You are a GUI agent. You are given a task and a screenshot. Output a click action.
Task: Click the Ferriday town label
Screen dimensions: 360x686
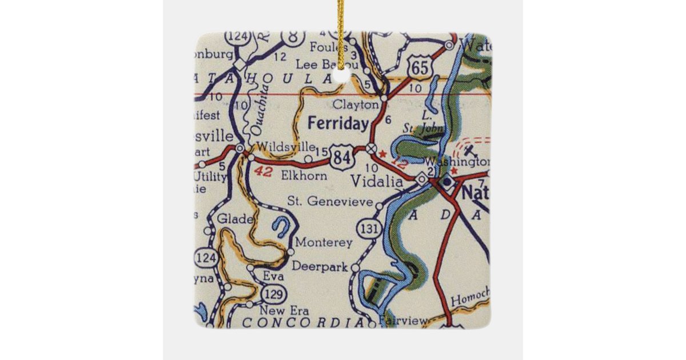(x=338, y=123)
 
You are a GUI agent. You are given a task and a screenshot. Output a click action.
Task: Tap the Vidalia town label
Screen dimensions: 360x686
(x=377, y=181)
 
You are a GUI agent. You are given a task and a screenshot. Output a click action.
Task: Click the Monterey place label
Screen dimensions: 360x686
(x=324, y=243)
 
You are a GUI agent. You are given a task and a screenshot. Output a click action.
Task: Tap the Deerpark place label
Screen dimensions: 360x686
(x=320, y=266)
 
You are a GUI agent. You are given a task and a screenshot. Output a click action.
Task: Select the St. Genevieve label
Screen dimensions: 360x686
(x=330, y=201)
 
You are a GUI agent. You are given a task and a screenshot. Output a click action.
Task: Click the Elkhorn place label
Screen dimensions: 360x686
(x=304, y=176)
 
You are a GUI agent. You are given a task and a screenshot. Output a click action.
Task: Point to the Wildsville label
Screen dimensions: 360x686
(x=278, y=146)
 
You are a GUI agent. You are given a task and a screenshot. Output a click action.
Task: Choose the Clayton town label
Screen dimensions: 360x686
(x=356, y=105)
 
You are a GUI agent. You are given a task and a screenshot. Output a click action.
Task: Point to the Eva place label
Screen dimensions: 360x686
(x=273, y=277)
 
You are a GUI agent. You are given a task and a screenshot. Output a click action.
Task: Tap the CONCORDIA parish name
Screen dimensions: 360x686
(x=303, y=323)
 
